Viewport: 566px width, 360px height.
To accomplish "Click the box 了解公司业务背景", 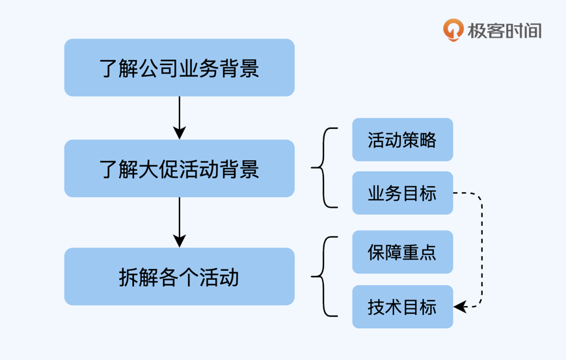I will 179,68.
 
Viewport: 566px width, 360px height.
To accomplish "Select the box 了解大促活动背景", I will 179,169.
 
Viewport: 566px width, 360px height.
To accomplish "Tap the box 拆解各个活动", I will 179,277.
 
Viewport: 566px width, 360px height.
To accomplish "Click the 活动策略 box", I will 402,140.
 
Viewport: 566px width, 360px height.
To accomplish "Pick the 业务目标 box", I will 402,193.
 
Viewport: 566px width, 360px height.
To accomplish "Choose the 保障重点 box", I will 402,252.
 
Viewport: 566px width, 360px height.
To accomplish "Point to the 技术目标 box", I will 402,307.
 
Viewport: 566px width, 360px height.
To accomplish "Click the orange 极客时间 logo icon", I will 453,30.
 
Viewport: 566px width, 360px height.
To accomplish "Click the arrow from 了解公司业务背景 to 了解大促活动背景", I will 179,117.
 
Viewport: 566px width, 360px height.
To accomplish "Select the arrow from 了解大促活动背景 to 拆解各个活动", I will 179,222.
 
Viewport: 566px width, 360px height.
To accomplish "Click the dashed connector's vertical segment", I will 482,251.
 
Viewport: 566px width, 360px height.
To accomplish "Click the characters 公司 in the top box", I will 159,68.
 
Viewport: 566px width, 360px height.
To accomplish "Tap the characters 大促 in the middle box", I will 159,169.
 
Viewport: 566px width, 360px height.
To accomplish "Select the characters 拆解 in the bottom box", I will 139,277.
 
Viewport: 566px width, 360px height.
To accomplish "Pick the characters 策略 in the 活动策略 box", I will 420,140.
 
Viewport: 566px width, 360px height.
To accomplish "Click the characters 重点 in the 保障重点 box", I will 420,252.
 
